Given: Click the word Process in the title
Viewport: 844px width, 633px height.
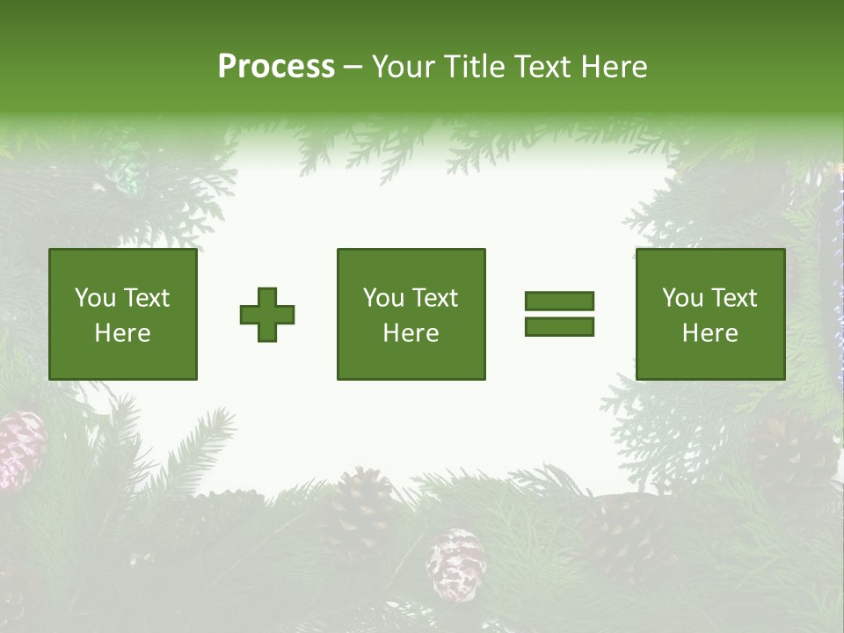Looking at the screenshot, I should coord(276,67).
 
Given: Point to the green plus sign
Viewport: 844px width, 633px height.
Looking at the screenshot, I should coord(267,315).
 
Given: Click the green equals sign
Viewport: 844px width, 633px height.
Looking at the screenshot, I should coord(559,314).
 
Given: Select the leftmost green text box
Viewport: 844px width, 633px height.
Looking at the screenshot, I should coord(123,315).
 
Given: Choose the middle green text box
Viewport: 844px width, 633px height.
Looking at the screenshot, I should coord(411,315).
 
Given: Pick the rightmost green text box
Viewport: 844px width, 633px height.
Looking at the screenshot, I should coord(709,315).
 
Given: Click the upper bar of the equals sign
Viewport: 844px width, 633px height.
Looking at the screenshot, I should coord(559,302).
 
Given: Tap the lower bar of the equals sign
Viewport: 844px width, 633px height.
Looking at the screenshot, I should coord(559,326).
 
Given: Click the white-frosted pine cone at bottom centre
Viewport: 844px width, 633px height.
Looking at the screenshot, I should coord(456,563).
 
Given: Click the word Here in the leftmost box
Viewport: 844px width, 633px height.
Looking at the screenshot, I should coord(123,333).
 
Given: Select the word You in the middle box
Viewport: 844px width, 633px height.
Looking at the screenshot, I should coord(383,298).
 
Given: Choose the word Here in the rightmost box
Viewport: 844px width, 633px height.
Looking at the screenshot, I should coord(709,333).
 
